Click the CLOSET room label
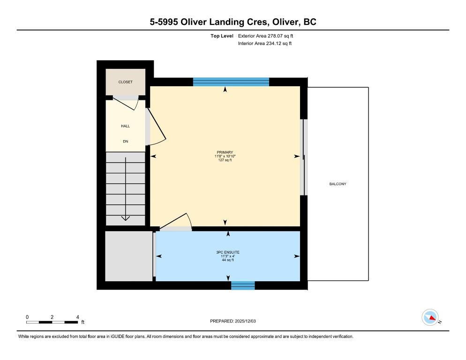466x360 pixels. [x=126, y=82]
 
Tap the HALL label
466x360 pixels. [x=126, y=126]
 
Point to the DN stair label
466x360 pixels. [x=126, y=142]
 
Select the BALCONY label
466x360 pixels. [x=338, y=184]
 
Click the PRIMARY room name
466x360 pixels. [x=225, y=152]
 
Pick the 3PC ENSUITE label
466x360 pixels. [x=228, y=252]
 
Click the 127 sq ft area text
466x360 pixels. [x=225, y=160]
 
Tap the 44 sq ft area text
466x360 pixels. [x=228, y=260]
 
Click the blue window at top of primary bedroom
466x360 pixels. [x=231, y=82]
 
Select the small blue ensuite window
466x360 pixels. [x=243, y=285]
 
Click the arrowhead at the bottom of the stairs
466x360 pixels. [x=126, y=218]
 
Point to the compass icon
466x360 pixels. [x=430, y=317]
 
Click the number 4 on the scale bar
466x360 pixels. [x=77, y=317]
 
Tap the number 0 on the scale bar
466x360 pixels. [x=27, y=317]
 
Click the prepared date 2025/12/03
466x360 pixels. [x=245, y=321]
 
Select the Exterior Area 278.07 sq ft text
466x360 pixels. [x=265, y=36]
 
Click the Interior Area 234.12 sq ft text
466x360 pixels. [x=265, y=44]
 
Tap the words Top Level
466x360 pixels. [x=222, y=36]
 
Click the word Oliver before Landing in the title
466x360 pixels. [x=194, y=22]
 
